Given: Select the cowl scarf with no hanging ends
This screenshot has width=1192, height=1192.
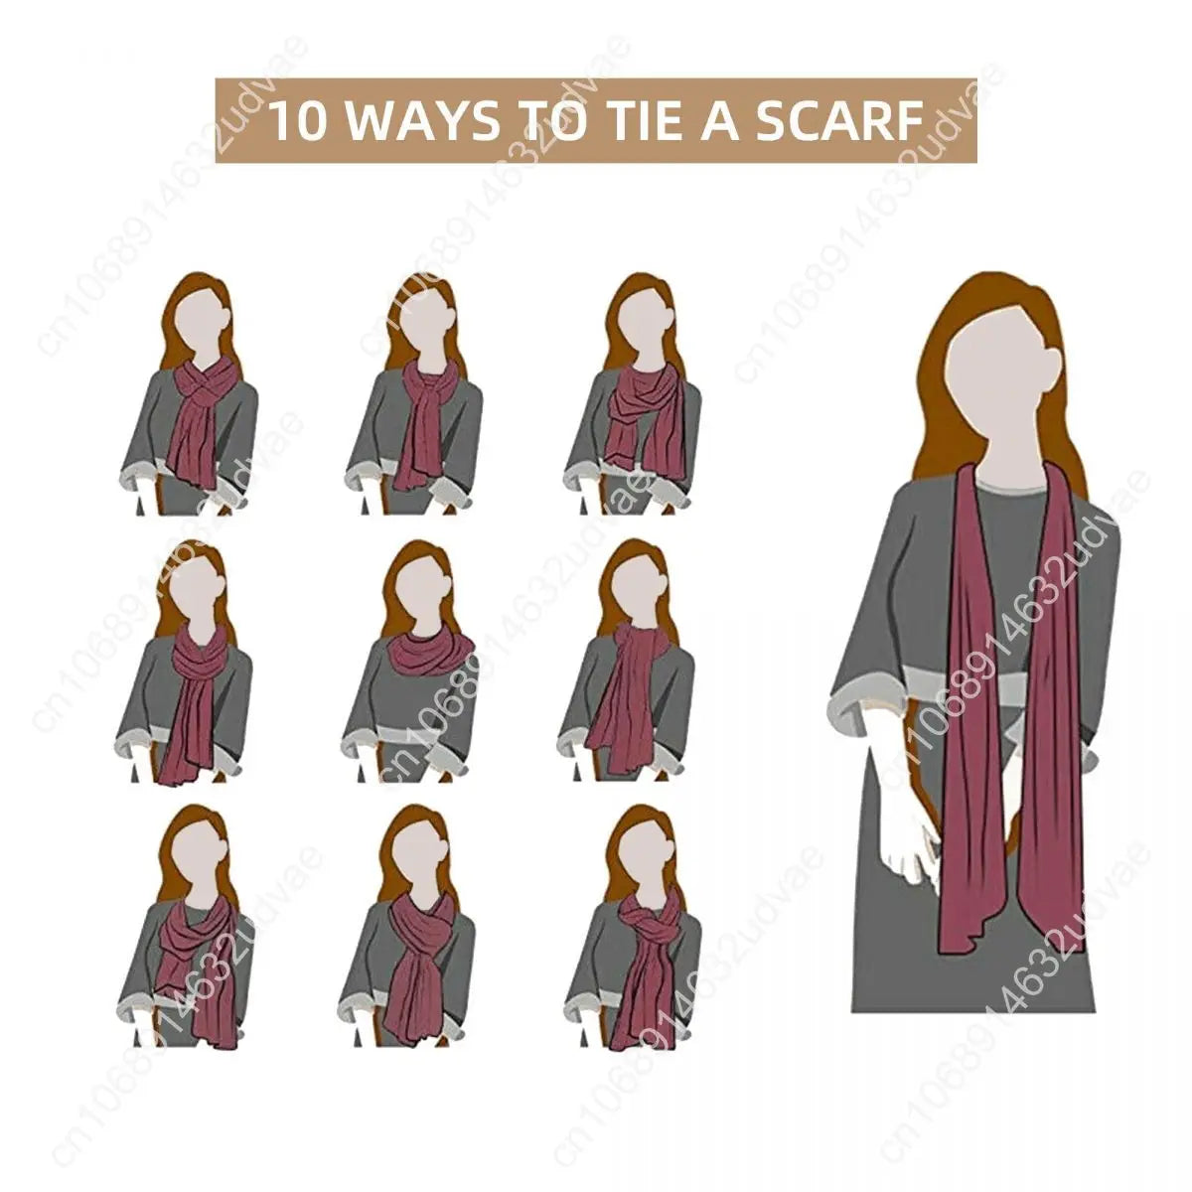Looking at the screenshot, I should pyautogui.click(x=429, y=651).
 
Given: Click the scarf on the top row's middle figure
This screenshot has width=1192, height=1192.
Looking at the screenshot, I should pyautogui.click(x=423, y=427).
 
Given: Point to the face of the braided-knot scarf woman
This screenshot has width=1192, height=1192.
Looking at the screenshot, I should pyautogui.click(x=642, y=854).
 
